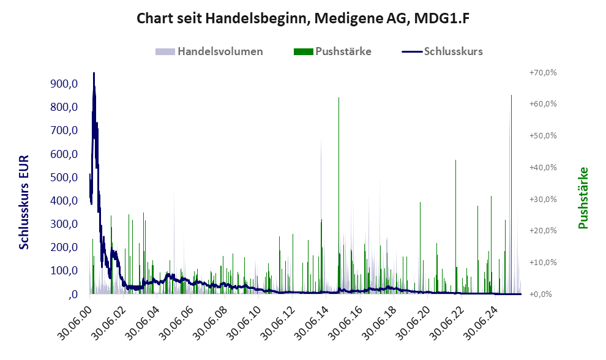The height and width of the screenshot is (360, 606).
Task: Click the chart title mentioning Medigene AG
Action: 302,19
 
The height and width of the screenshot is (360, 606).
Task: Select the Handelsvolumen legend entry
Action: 220,51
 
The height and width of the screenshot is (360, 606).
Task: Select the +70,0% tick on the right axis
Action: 543,73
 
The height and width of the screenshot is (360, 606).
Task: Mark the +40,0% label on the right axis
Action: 543,167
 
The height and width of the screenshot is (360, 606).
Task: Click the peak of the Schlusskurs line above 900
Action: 94,74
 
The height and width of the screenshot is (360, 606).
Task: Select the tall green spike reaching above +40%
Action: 455,162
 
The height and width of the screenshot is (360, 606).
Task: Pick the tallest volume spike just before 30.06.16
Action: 339,98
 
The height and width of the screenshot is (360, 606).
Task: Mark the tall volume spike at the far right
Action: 511,97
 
